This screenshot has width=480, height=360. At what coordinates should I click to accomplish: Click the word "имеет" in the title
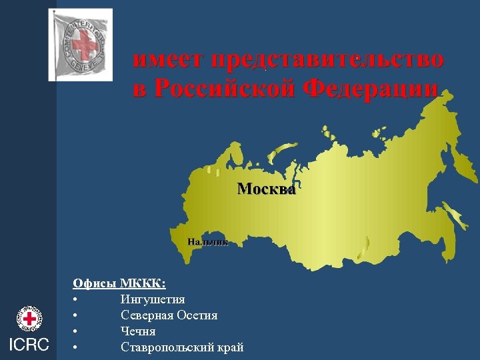[x=169, y=60]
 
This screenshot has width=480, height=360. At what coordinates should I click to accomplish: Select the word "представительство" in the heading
[x=327, y=60]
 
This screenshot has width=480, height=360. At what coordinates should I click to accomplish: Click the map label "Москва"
[x=267, y=189]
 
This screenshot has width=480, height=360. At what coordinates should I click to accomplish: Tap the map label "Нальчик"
[x=207, y=242]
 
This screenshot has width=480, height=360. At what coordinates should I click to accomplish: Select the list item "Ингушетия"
[x=153, y=299]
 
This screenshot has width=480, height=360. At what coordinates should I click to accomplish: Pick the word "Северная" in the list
[x=147, y=315]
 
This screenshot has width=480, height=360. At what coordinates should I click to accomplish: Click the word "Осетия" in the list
[x=198, y=315]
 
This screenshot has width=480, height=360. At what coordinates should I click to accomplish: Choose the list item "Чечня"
[x=138, y=331]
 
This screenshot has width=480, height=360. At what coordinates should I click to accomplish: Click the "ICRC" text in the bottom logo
[x=28, y=345]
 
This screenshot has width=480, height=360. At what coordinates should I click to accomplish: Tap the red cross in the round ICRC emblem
[x=29, y=319]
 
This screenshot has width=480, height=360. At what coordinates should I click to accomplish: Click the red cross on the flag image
[x=85, y=45]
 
